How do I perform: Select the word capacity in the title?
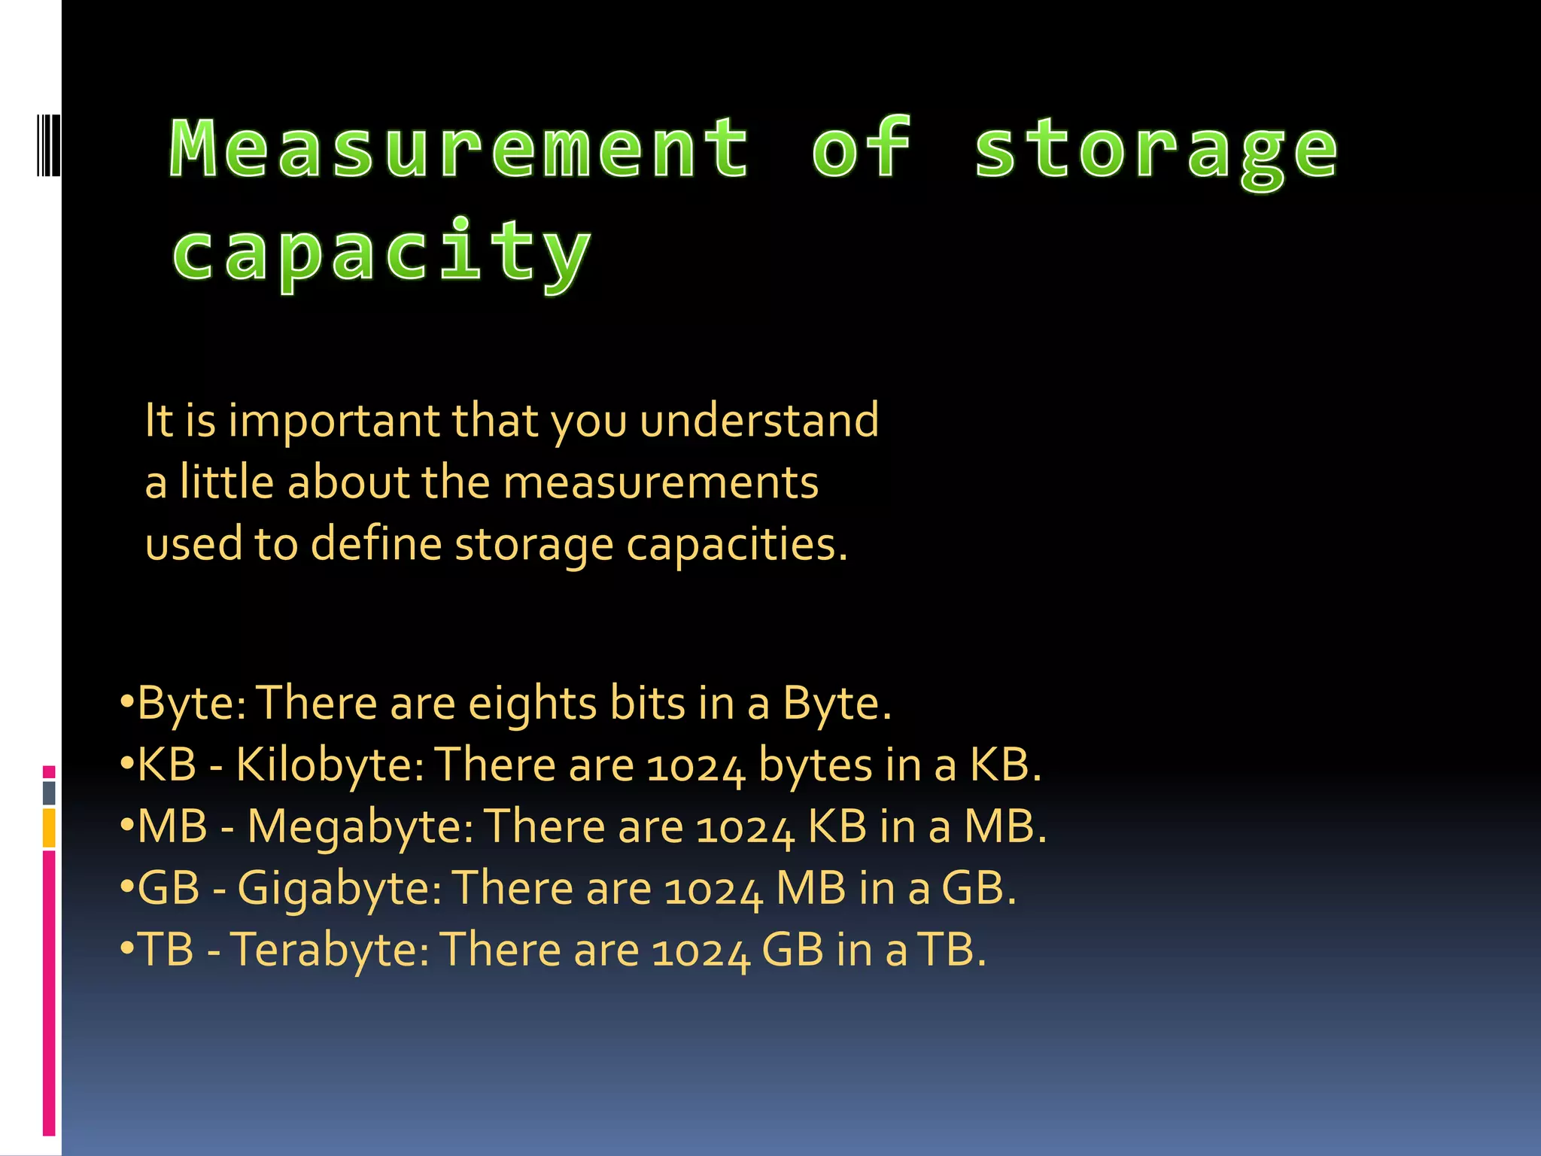coord(381,253)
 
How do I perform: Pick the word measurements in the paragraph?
coord(661,482)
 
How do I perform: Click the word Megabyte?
coord(360,827)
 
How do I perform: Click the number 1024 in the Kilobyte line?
coord(696,767)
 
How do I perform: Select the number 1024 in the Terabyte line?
coord(701,951)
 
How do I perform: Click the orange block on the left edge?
coord(49,828)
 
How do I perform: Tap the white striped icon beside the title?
coord(48,144)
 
